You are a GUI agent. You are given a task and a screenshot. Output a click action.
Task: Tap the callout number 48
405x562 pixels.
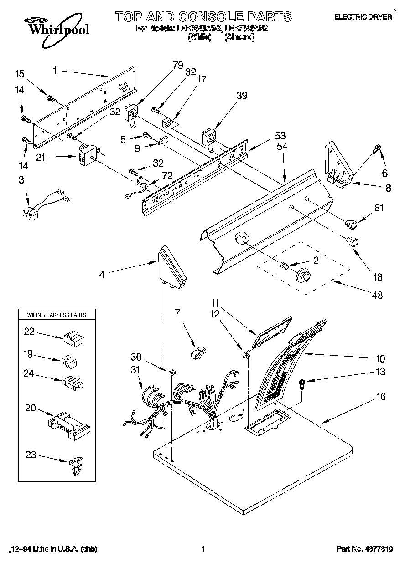[377, 295]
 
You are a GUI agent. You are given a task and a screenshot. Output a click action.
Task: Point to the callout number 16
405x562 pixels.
[380, 397]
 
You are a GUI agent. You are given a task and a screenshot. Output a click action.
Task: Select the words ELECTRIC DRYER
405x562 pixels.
[363, 17]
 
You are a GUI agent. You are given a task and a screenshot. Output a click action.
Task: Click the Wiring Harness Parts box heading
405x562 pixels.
[57, 315]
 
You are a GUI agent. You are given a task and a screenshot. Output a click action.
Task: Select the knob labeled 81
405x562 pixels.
[351, 223]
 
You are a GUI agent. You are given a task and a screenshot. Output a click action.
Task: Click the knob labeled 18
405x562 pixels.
[353, 241]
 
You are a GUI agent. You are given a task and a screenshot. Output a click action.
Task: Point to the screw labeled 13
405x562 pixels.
[302, 384]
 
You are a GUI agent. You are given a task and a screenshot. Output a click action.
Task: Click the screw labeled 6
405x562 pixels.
[378, 149]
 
